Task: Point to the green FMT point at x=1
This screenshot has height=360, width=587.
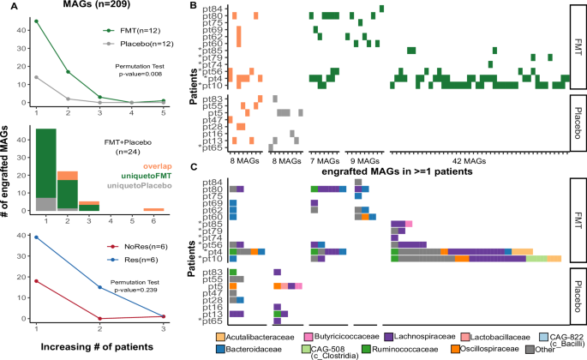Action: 36,21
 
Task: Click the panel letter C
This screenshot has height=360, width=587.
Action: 197,167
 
